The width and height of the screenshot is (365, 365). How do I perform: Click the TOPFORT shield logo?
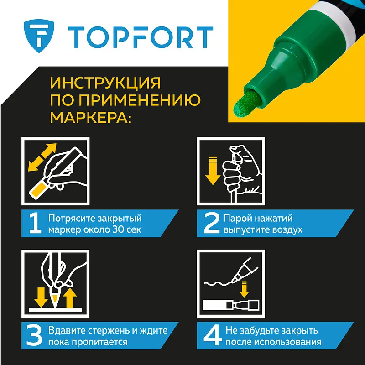point(39,36)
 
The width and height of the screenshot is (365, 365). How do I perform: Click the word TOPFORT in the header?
point(141,37)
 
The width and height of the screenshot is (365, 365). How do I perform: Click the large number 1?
point(35,224)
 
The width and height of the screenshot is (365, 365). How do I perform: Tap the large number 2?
point(212,224)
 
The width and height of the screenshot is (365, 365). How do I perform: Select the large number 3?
point(34,336)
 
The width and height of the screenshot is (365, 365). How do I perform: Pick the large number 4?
point(213,336)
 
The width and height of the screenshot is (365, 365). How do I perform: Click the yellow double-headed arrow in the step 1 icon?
point(42,157)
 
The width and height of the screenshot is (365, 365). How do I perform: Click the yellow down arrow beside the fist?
point(213,171)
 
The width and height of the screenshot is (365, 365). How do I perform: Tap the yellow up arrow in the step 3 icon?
point(70,298)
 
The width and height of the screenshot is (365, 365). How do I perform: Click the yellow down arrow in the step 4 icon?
point(244,289)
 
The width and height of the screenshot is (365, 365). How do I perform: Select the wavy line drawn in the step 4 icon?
point(220,283)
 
